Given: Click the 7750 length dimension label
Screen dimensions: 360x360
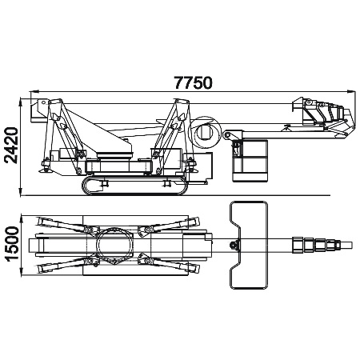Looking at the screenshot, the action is (194, 82).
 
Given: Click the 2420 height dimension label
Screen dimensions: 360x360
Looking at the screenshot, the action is (11, 146).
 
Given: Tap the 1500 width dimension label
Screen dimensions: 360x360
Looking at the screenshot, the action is (11, 244).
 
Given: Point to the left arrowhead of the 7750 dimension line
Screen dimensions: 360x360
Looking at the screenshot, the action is (34, 92).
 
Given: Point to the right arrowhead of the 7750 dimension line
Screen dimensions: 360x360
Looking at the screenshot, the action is (351, 92).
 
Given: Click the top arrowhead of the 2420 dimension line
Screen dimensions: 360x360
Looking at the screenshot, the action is (21, 102).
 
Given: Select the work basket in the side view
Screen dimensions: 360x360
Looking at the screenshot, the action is (250, 161).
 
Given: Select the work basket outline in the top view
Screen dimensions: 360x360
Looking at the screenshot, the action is (249, 246).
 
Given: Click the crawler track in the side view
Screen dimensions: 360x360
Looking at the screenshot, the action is (134, 186).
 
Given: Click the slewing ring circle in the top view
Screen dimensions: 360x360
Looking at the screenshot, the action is (114, 245).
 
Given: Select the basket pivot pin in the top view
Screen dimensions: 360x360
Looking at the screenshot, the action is (234, 245).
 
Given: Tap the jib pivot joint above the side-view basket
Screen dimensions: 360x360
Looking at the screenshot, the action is (227, 135).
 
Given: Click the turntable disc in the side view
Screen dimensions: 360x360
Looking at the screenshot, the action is (114, 155).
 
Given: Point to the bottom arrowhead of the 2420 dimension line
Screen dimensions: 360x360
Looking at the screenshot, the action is (21, 192).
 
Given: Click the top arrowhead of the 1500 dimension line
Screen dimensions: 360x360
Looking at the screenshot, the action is (22, 219).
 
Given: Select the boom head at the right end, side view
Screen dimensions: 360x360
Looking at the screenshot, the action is (324, 115).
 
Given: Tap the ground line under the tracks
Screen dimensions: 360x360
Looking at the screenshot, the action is (175, 195).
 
